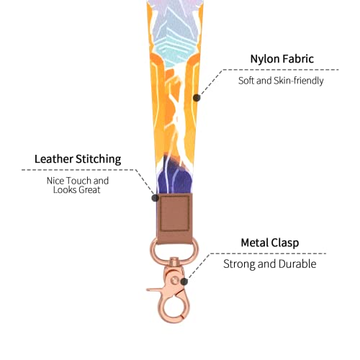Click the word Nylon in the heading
click(x=264, y=59)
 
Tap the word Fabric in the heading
click(x=297, y=58)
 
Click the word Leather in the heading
click(x=54, y=159)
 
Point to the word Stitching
click(x=99, y=159)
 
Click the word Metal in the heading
click(x=255, y=243)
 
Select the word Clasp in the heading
click(x=285, y=243)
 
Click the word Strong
click(x=239, y=264)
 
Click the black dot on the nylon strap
click(x=197, y=98)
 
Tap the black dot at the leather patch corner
click(x=156, y=198)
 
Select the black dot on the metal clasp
click(x=184, y=282)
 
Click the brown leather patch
click(x=175, y=218)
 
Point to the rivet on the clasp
click(x=175, y=279)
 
